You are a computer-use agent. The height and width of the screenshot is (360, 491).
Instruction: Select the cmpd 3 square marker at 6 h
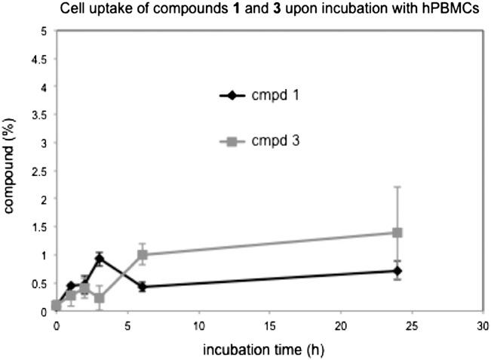(x=142, y=254)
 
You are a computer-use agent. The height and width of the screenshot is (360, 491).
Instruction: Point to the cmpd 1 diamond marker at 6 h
(x=142, y=287)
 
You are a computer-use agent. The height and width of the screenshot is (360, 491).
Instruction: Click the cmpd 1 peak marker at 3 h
(x=99, y=259)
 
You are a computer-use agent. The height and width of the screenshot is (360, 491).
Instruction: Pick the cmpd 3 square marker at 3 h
(x=99, y=297)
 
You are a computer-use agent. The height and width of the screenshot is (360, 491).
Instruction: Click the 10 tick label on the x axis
(x=198, y=325)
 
